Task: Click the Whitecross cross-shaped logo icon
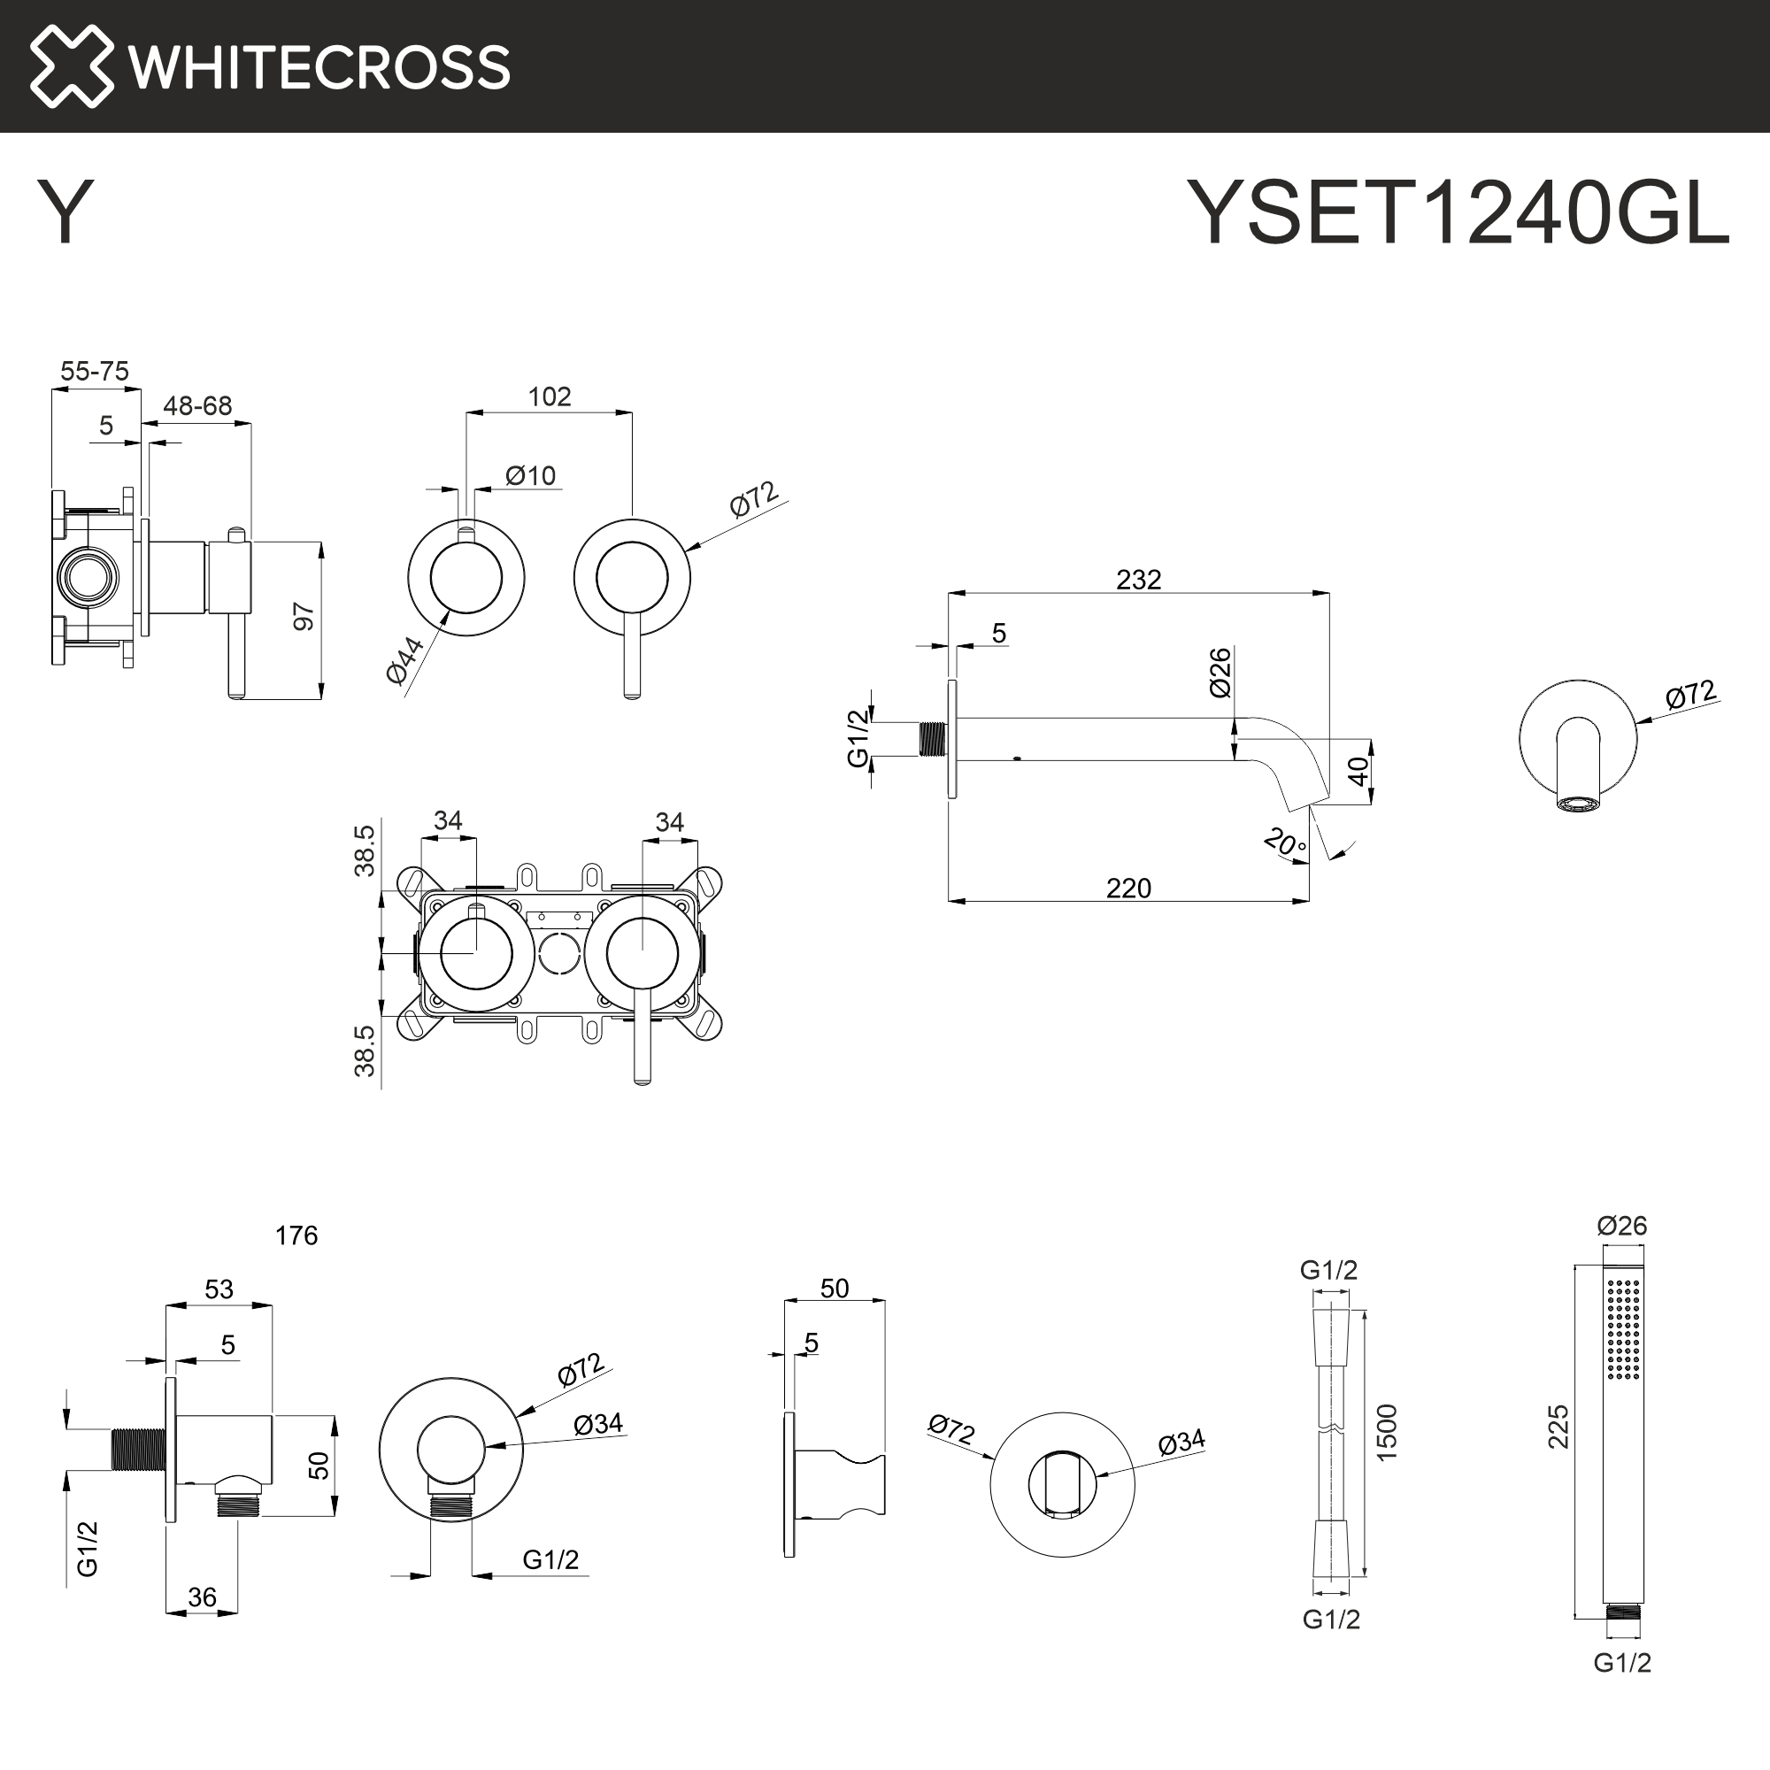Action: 72,66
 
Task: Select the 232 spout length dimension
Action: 1138,580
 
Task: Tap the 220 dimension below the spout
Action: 1127,888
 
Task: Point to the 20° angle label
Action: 1284,842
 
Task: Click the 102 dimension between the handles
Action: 549,396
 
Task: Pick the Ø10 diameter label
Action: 530,475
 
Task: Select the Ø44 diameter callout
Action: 405,659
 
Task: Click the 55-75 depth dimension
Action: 95,371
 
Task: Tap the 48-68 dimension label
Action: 197,406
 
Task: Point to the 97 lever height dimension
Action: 304,617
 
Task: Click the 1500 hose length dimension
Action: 1387,1432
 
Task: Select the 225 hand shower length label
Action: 1558,1427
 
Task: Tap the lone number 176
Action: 296,1235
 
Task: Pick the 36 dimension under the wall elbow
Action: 202,1597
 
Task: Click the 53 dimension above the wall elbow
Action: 219,1289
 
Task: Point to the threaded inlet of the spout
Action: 932,738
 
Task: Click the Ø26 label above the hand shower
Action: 1621,1226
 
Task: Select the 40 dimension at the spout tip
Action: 1358,771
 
